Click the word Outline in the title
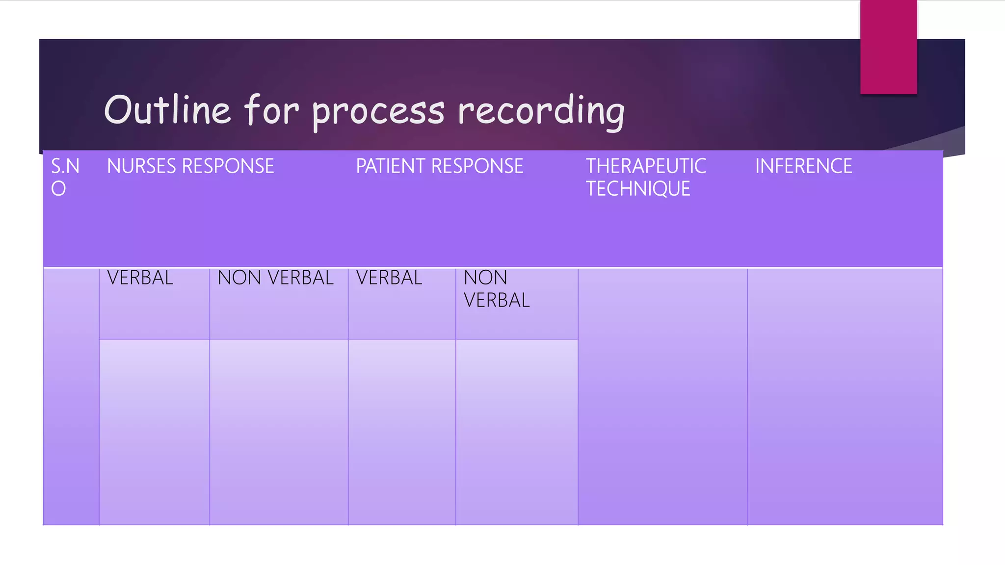pos(167,110)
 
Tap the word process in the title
pos(378,112)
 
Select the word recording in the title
pos(541,112)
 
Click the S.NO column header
pos(65,177)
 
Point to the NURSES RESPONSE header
pos(190,166)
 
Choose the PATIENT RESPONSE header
pos(439,166)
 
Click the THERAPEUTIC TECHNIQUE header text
pos(645,177)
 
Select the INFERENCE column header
pos(803,166)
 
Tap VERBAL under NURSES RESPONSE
pos(140,278)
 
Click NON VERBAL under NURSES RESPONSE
pos(275,278)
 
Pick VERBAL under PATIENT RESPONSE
pos(389,278)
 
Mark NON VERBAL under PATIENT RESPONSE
pos(496,289)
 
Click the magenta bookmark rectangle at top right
pos(888,47)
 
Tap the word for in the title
pos(271,110)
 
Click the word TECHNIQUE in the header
pos(638,189)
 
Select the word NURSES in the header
pos(142,166)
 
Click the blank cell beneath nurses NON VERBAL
pos(279,432)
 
